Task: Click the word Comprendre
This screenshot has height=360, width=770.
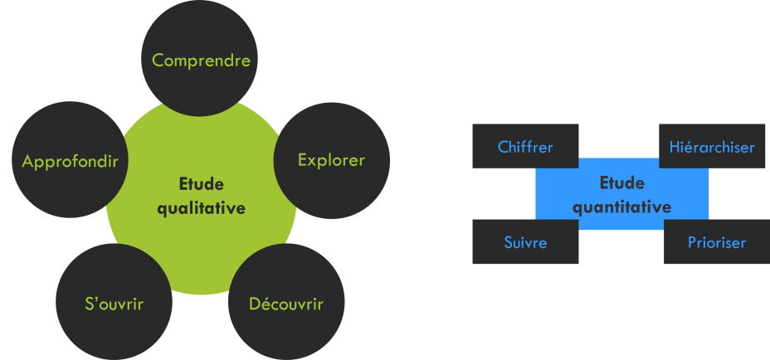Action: [x=201, y=61]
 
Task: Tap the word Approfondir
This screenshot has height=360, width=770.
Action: [x=71, y=160]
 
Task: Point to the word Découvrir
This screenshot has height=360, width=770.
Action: [x=286, y=304]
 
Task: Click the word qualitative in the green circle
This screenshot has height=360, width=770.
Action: [x=202, y=208]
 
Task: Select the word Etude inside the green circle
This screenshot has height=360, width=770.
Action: [x=202, y=184]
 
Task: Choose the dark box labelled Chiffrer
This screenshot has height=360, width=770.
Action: [x=525, y=146]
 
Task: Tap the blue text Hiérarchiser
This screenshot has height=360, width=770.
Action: [x=712, y=148]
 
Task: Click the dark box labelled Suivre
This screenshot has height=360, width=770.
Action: [x=525, y=242]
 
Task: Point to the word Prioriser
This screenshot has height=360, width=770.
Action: [x=717, y=243]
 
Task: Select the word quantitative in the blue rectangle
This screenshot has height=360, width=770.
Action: [x=622, y=207]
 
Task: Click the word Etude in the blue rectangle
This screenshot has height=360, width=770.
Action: [x=622, y=183]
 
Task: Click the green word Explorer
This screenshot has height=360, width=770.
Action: [x=331, y=160]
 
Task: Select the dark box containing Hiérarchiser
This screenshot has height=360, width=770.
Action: [x=712, y=137]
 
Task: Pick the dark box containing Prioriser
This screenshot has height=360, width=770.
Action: [x=717, y=253]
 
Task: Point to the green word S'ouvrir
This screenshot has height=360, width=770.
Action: [x=115, y=304]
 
